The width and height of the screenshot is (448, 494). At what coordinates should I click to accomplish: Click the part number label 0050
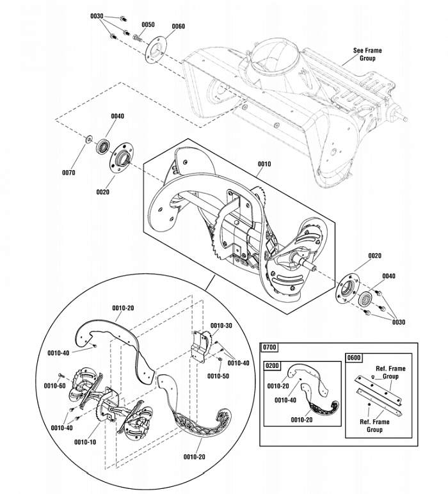[148, 24]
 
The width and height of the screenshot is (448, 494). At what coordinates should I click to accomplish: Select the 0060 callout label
[179, 26]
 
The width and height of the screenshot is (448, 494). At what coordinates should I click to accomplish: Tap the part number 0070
[69, 173]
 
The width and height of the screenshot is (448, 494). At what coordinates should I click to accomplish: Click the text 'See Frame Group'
[367, 54]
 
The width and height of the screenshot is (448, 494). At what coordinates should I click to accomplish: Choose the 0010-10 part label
[85, 442]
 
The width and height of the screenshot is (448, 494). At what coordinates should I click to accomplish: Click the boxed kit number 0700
[269, 347]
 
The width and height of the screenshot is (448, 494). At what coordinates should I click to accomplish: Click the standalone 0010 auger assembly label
[264, 164]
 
